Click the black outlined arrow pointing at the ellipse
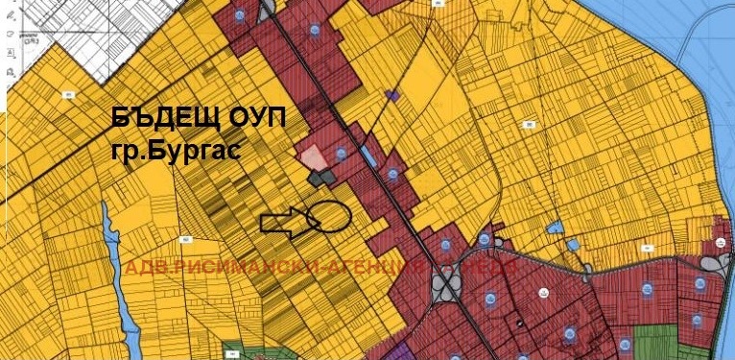[x=285, y=225]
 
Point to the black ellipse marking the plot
[x=331, y=218]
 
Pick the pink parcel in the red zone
[x=313, y=156]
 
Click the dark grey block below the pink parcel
[x=321, y=178]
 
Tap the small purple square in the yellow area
[x=390, y=95]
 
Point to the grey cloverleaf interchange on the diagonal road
[x=445, y=284]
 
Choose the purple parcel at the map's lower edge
[x=408, y=351]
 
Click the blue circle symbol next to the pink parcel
[x=341, y=154]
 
